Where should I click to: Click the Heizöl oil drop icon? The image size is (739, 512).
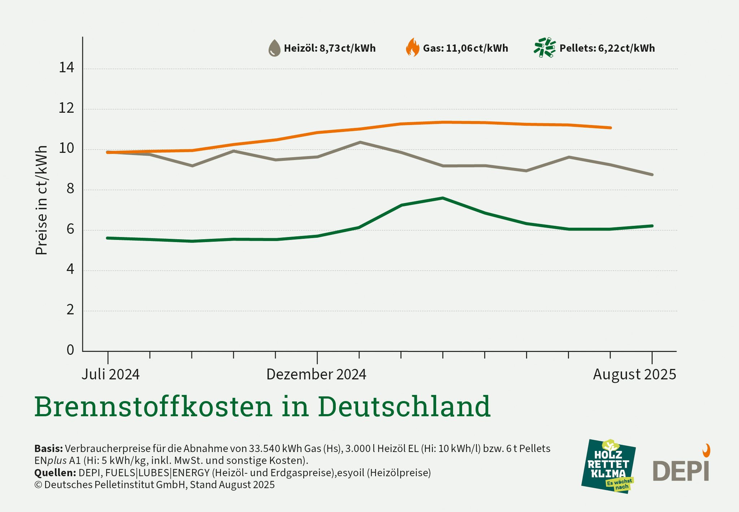(x=274, y=48)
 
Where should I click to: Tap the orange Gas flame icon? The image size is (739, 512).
(x=413, y=48)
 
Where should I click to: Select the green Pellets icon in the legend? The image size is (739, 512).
(x=544, y=48)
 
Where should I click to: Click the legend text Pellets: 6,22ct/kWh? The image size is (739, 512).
(x=607, y=48)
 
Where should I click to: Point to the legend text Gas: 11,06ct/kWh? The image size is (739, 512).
(x=465, y=48)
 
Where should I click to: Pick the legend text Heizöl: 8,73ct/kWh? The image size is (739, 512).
(x=330, y=48)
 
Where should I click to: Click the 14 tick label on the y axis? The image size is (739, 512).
(x=66, y=68)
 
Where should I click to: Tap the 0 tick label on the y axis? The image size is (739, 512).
(x=70, y=350)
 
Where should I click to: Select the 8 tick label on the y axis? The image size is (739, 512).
(x=70, y=189)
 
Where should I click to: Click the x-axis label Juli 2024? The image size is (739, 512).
(x=110, y=374)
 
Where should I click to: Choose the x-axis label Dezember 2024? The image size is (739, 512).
(x=316, y=374)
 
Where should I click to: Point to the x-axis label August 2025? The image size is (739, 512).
(x=634, y=374)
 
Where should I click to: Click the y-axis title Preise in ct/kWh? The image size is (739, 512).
(x=42, y=200)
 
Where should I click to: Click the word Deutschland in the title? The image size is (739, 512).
(x=404, y=406)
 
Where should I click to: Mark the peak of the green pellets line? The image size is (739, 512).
(x=443, y=198)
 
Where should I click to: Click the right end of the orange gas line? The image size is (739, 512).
(x=610, y=128)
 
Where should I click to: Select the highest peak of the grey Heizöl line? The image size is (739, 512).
(x=360, y=142)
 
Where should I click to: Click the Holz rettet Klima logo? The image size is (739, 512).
(x=608, y=466)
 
